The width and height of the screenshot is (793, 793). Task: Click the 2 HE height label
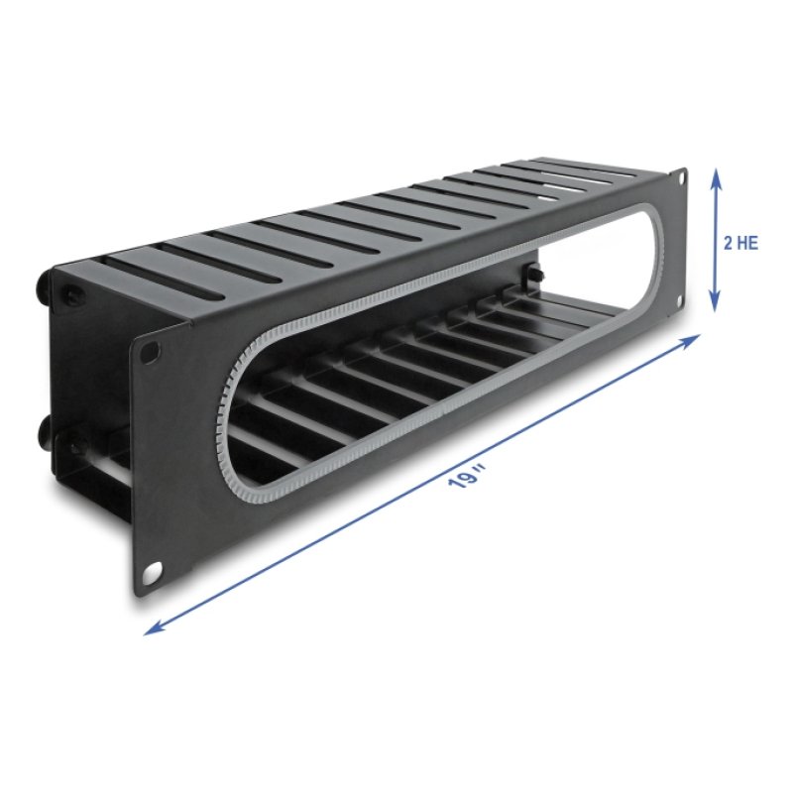click(741, 242)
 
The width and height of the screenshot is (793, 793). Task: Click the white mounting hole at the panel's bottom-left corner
click(153, 573)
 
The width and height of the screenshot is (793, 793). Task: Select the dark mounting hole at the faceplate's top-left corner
click(150, 350)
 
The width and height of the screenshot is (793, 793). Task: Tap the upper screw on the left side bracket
click(75, 294)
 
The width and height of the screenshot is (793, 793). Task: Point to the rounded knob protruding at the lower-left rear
click(47, 430)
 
